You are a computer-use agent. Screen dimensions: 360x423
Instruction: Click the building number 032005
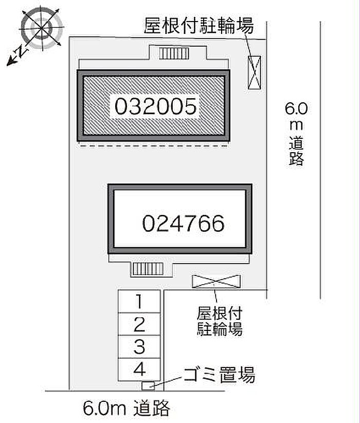(156, 106)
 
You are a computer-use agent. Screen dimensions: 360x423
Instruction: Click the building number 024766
(183, 224)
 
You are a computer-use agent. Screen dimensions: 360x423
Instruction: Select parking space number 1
(139, 302)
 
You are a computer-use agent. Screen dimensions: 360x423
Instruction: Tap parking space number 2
(139, 324)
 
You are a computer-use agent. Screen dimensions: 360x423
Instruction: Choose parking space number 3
(139, 347)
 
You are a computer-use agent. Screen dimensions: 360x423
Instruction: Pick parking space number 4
(139, 369)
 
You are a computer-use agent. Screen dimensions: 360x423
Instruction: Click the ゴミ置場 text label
(219, 375)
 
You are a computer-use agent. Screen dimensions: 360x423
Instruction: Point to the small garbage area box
(148, 386)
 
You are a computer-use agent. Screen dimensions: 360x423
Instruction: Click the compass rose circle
(42, 28)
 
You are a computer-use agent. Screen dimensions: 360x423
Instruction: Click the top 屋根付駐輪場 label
(199, 26)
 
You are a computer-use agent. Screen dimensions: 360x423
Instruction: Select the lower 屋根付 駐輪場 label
(220, 321)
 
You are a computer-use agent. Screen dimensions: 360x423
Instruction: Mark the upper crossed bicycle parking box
(254, 72)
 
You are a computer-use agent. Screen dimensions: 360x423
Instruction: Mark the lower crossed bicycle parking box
(216, 282)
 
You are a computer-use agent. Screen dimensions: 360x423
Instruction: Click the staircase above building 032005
(174, 53)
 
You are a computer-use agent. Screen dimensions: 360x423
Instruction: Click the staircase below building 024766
(148, 269)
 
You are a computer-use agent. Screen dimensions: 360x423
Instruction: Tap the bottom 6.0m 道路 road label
(127, 408)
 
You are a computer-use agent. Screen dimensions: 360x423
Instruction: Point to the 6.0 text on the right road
(296, 109)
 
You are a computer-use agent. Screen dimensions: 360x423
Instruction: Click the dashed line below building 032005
(153, 146)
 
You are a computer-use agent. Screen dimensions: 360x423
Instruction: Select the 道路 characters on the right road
(296, 151)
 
